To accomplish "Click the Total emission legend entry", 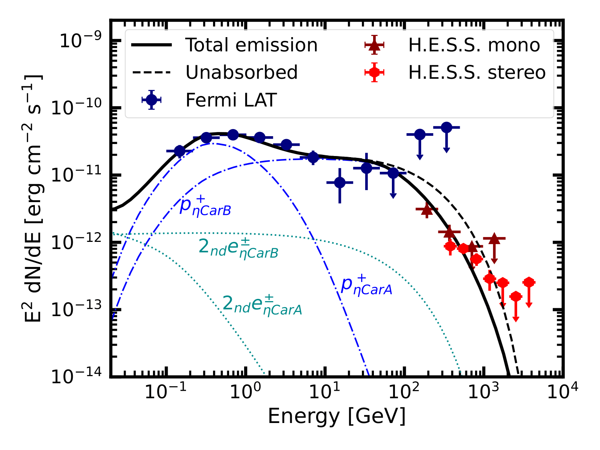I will pos(251,45).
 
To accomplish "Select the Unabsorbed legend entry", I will pos(241,72).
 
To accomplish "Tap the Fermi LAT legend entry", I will pos(231,100).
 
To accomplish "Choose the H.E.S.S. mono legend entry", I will pos(474,45).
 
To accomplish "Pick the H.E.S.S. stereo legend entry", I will pos(477,72).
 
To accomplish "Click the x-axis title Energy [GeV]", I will pos(337,416).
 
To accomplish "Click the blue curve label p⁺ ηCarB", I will pos(205,206).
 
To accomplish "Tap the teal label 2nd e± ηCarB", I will pos(238,247).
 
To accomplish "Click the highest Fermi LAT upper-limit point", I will pos(446,127).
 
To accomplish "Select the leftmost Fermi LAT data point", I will pos(180,151).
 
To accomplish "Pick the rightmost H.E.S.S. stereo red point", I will pos(529,282).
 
